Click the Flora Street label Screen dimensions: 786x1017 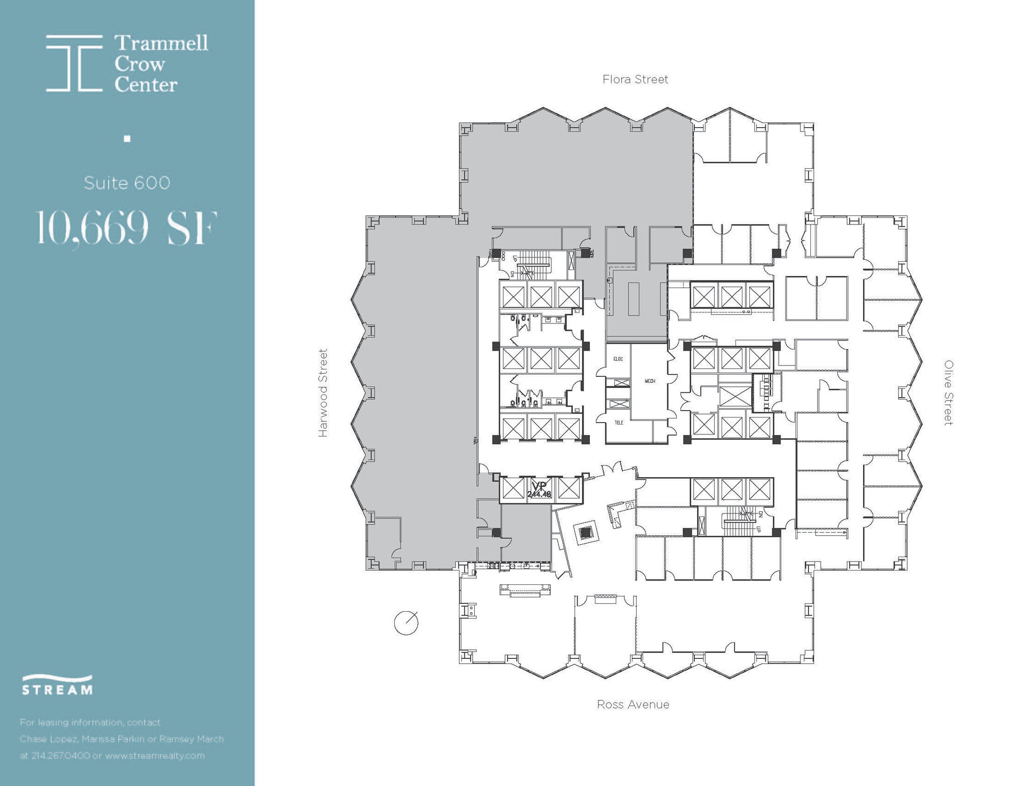[635, 79]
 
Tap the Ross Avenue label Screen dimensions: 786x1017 [633, 705]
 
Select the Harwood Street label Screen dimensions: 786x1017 [323, 393]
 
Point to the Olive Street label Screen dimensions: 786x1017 [948, 393]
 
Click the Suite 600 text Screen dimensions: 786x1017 [127, 183]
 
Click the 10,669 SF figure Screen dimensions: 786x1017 [127, 228]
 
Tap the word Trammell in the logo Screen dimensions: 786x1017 [161, 43]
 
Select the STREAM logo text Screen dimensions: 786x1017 [57, 690]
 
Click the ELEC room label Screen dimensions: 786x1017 [618, 359]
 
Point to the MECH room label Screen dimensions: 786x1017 [650, 381]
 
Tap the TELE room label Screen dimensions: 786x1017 [619, 423]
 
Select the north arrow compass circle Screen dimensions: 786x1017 [406, 623]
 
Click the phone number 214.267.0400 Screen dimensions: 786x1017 [61, 756]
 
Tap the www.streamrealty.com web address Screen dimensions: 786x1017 [155, 756]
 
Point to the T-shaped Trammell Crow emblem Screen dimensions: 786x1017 [74, 63]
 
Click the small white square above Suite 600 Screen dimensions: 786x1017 [127, 139]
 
